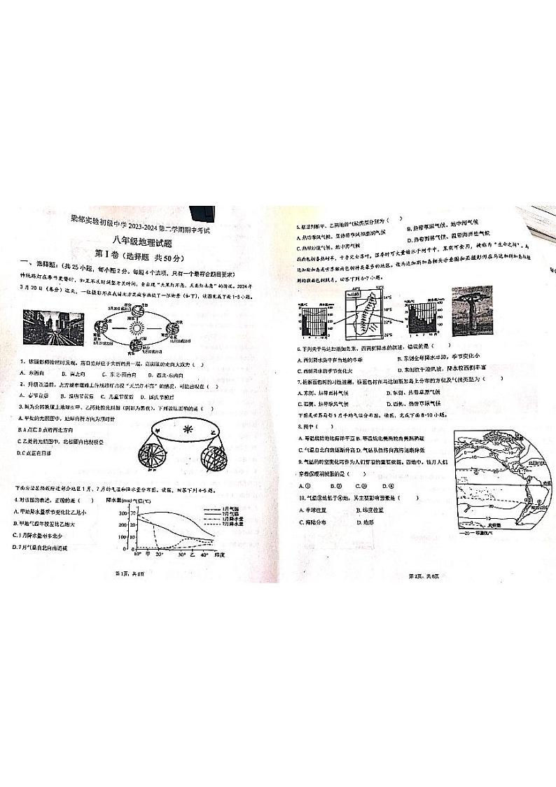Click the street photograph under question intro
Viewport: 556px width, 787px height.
pos(53,326)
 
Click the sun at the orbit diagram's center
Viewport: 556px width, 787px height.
pos(137,327)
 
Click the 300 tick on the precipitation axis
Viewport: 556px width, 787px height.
pos(132,513)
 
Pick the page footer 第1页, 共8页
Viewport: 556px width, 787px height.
pos(133,574)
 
